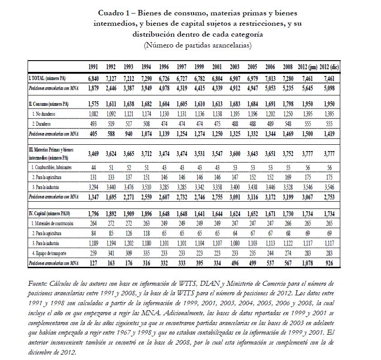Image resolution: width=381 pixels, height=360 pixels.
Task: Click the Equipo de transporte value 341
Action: coord(110,252)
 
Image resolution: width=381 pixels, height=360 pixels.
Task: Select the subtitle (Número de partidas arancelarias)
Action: coord(197,45)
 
